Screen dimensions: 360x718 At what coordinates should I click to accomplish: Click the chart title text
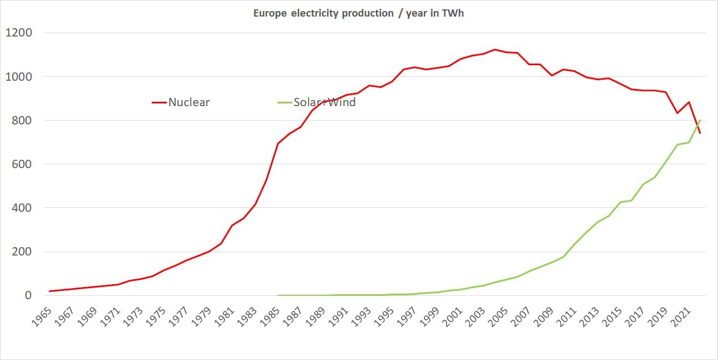pyautogui.click(x=358, y=13)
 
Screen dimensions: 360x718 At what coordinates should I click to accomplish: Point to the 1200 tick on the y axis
pyautogui.click(x=18, y=33)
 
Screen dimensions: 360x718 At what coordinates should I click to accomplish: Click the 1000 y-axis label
pyautogui.click(x=18, y=76)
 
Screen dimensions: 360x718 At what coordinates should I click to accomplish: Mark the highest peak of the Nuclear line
pyautogui.click(x=495, y=49)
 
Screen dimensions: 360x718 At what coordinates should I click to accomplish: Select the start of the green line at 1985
pyautogui.click(x=278, y=295)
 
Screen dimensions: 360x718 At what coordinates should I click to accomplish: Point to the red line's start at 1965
pyautogui.click(x=50, y=291)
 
